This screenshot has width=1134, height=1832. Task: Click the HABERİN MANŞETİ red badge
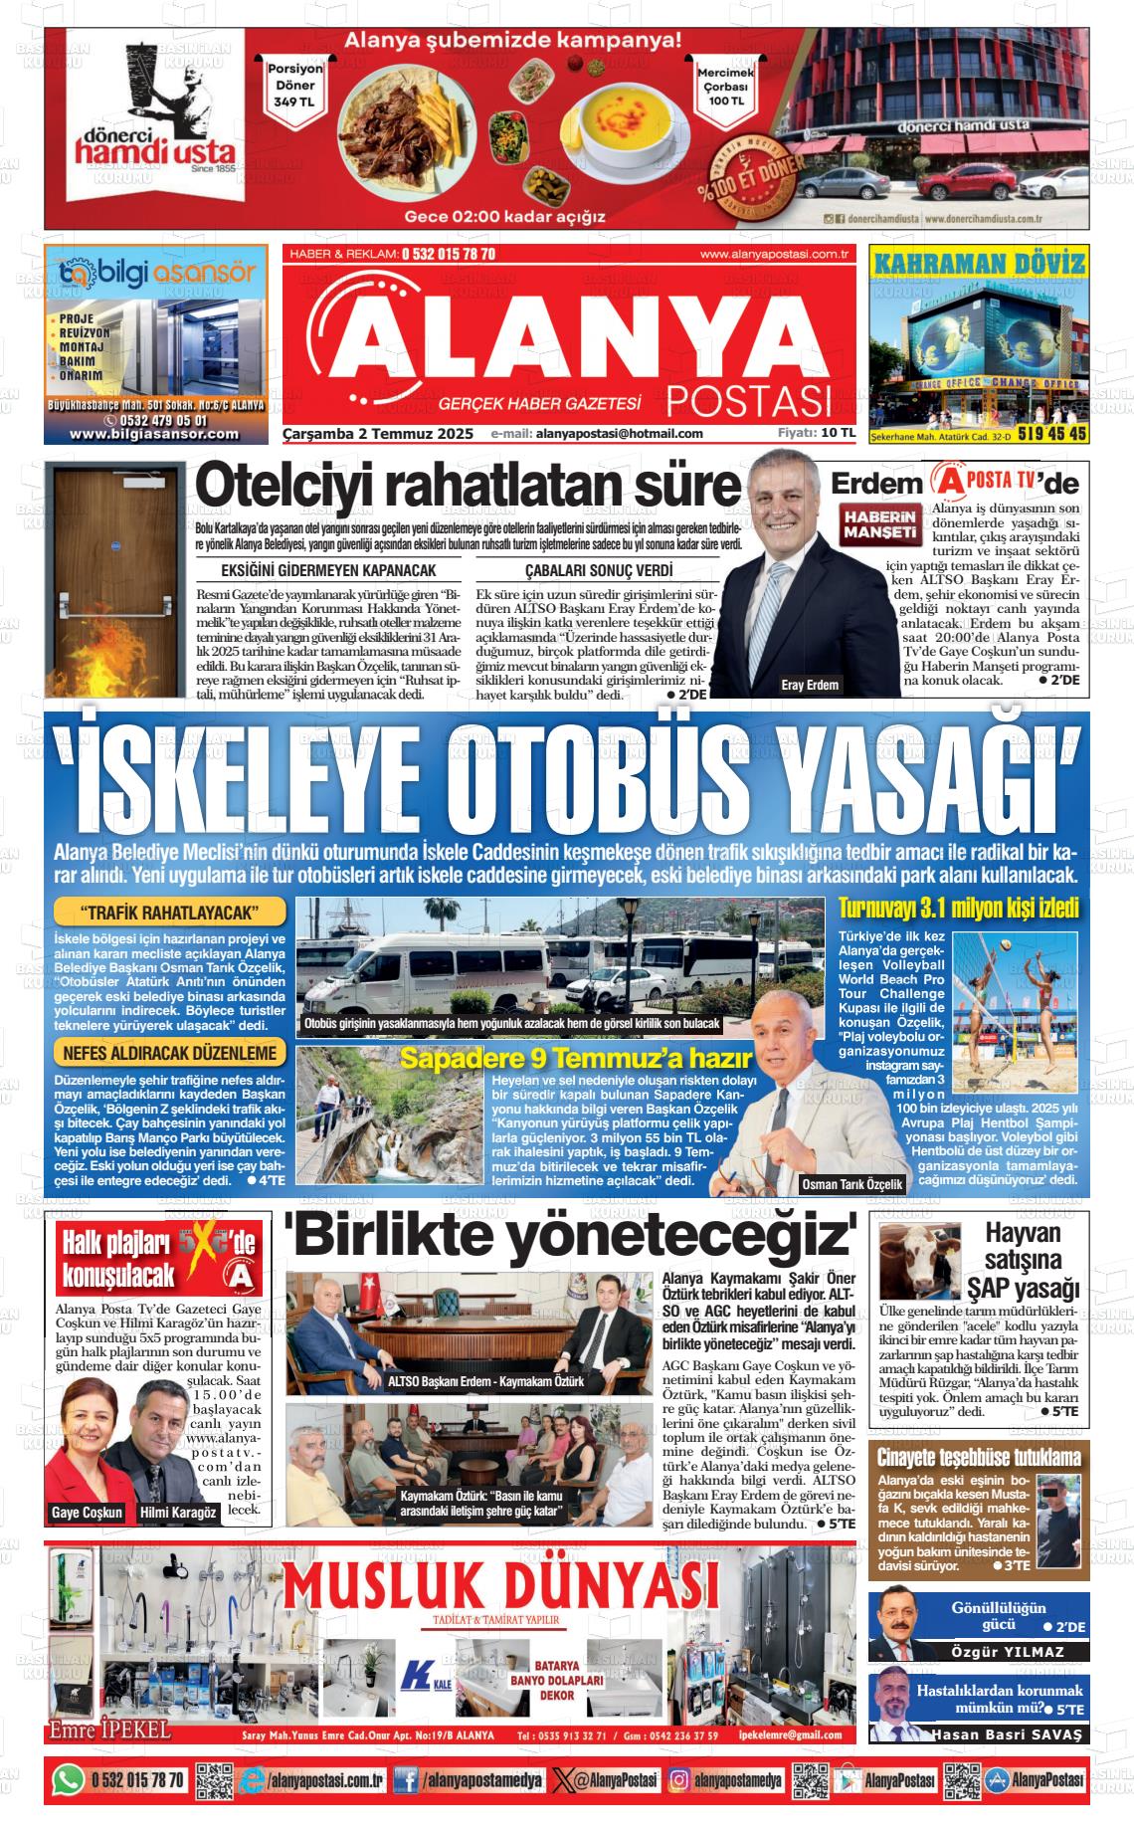878,525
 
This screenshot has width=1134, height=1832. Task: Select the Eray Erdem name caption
810,685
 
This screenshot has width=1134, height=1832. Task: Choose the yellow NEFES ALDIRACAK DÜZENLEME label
169,1053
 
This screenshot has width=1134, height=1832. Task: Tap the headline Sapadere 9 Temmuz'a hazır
574,1059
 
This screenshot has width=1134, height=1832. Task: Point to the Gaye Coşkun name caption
87,1513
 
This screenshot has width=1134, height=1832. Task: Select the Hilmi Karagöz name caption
178,1513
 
